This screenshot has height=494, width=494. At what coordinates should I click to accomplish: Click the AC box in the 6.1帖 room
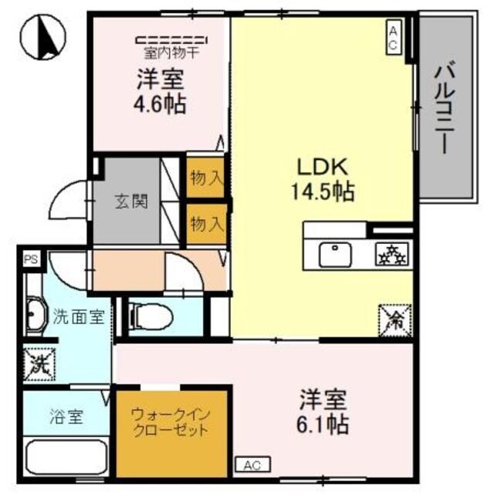point(252,465)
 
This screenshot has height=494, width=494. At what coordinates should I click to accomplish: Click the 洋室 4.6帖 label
point(161,90)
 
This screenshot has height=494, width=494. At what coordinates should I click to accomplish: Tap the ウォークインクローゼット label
point(169,423)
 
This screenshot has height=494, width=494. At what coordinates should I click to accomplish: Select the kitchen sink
point(334,253)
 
